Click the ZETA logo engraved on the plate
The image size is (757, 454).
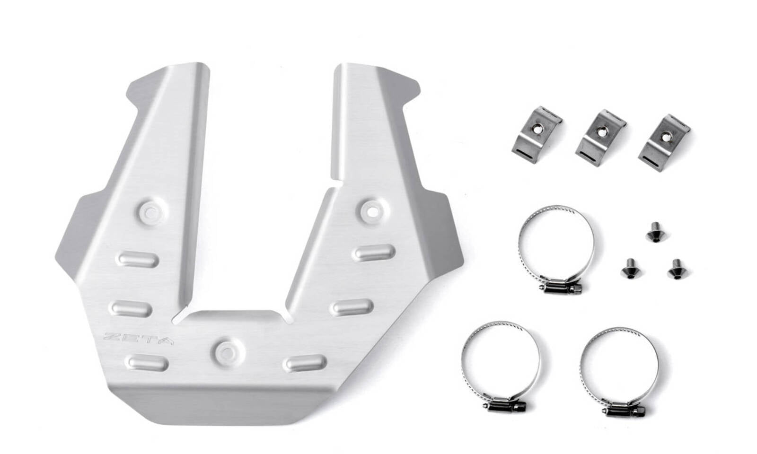tap(139, 339)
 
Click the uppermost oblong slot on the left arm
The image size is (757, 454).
tap(138, 259)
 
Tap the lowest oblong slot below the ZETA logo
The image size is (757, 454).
tap(148, 362)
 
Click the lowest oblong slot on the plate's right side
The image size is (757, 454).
tap(305, 363)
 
